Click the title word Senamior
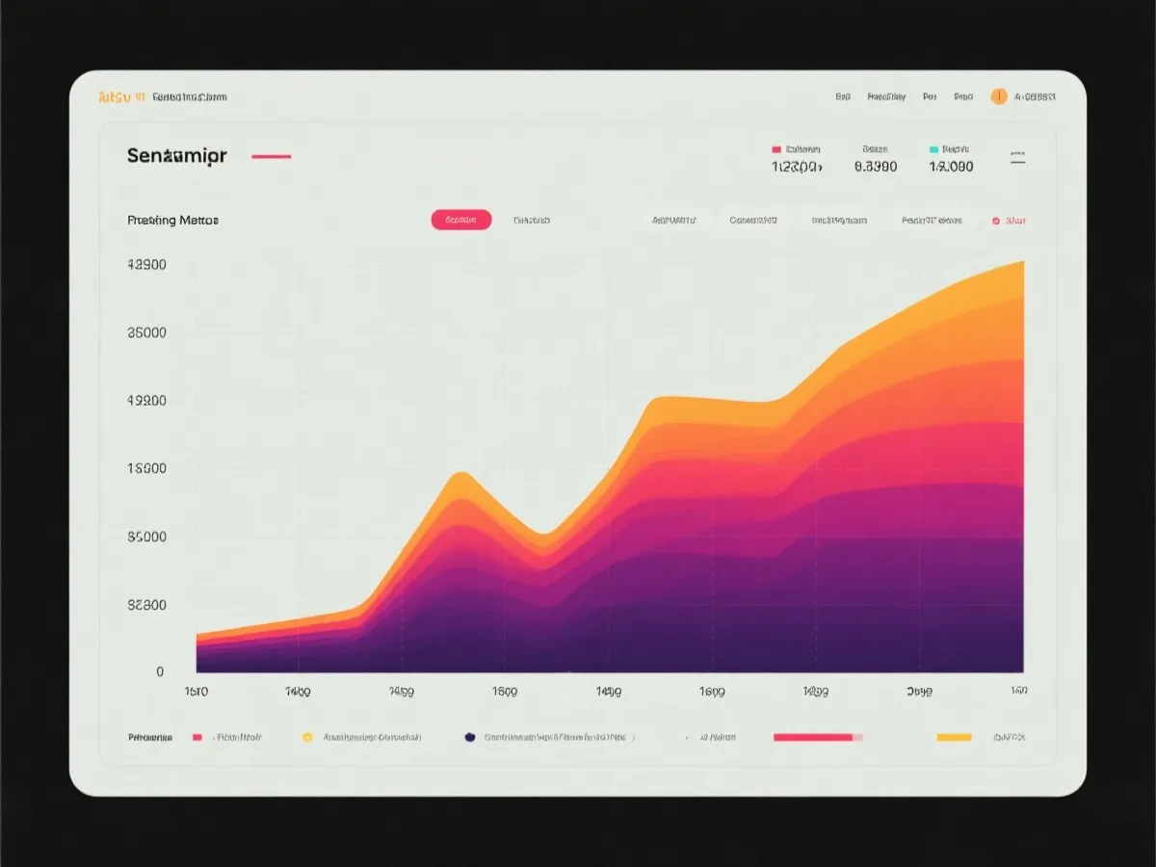(x=176, y=156)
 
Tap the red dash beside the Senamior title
(x=271, y=156)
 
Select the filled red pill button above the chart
(x=461, y=220)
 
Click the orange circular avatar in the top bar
(x=999, y=96)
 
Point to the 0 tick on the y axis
(x=160, y=672)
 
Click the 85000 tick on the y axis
(x=146, y=538)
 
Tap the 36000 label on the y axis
(x=146, y=333)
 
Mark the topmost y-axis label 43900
(x=146, y=265)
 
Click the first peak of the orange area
(x=460, y=474)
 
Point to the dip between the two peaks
(x=542, y=535)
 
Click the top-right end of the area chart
(x=1021, y=263)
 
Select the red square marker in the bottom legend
(x=197, y=737)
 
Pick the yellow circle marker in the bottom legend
(x=307, y=737)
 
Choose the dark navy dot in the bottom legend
(x=469, y=737)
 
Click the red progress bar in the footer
(x=813, y=737)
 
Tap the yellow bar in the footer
(x=954, y=737)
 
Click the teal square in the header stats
(x=933, y=149)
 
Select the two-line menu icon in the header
(x=1017, y=157)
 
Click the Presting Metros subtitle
(x=172, y=220)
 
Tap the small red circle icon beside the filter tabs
(x=996, y=221)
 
